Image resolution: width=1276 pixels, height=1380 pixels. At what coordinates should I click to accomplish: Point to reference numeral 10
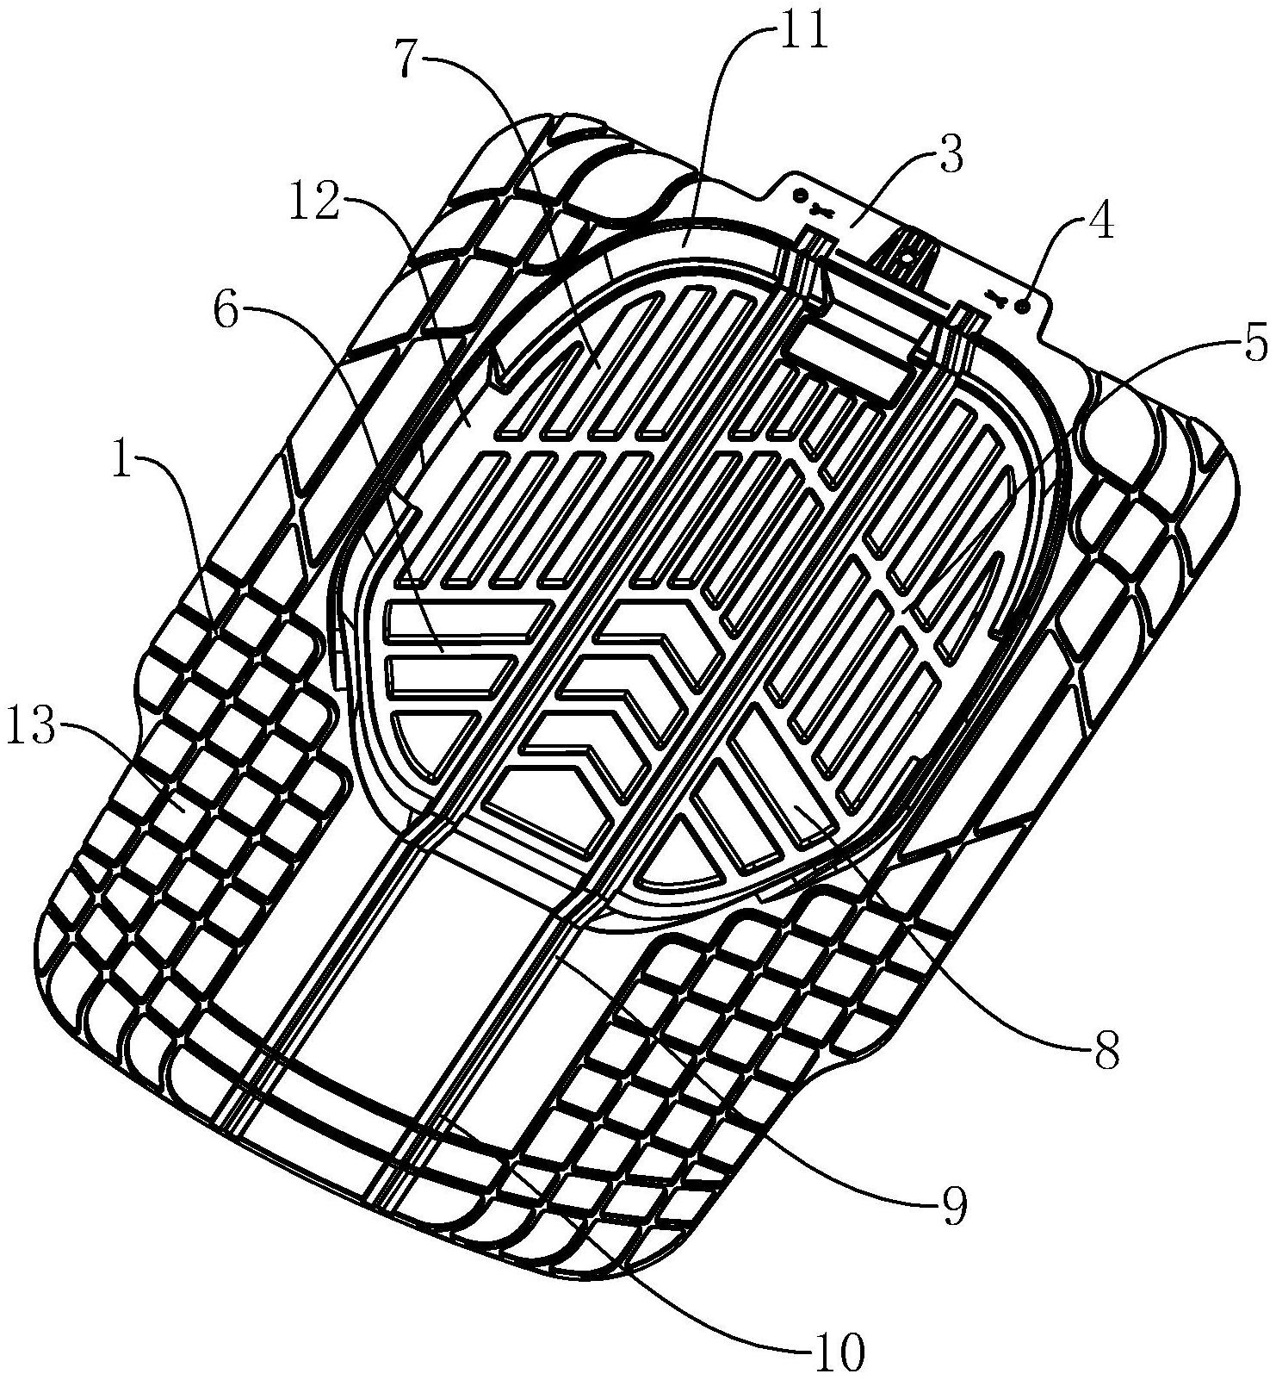(x=837, y=1354)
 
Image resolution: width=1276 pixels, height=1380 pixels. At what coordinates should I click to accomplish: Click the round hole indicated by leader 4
(x=1025, y=307)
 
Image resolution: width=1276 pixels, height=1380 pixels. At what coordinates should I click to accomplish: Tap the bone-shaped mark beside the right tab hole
(x=999, y=298)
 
